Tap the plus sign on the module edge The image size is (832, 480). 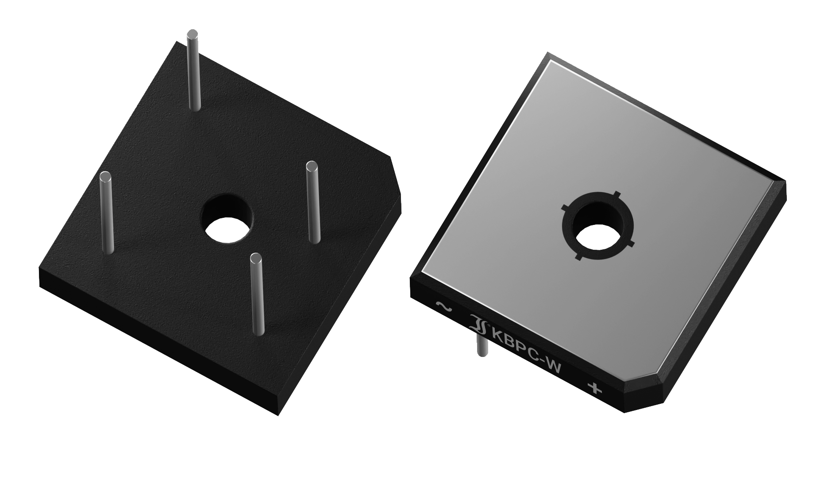(x=595, y=388)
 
